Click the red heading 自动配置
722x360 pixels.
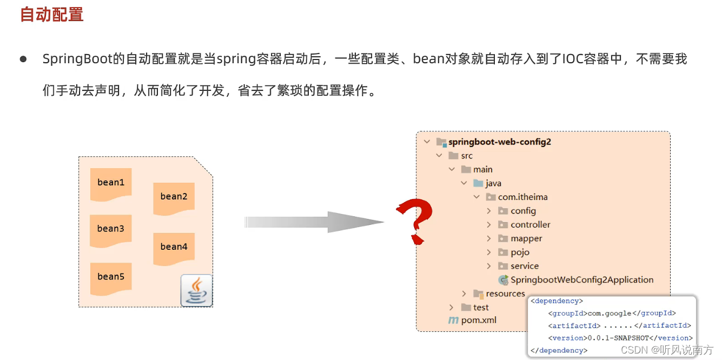[52, 15]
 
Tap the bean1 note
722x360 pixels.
[111, 183]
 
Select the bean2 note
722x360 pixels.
[174, 197]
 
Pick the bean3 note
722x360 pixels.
[111, 229]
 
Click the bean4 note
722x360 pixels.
[174, 247]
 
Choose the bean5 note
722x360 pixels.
[111, 277]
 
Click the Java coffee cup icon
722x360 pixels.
[196, 291]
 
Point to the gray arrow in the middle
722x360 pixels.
[314, 222]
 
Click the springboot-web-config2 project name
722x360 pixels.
[500, 142]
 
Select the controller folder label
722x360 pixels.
[530, 225]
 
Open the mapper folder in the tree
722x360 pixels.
[526, 238]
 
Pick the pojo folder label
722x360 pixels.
[520, 252]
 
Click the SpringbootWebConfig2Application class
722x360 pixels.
[582, 280]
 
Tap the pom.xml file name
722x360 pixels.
[479, 320]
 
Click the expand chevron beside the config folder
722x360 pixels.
[489, 211]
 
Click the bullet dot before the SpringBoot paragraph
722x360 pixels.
[23, 59]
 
